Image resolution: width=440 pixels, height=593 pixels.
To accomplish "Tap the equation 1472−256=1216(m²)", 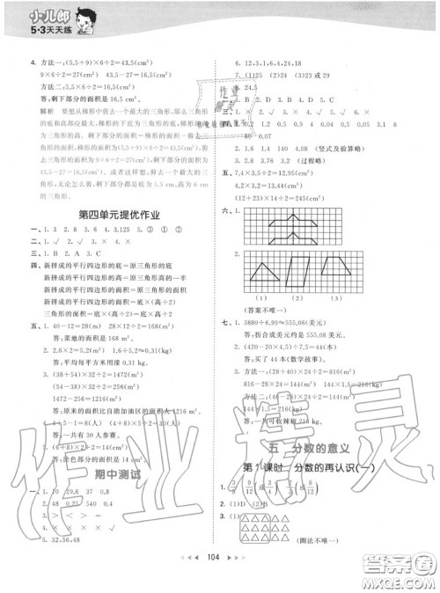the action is pos(71,372).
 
